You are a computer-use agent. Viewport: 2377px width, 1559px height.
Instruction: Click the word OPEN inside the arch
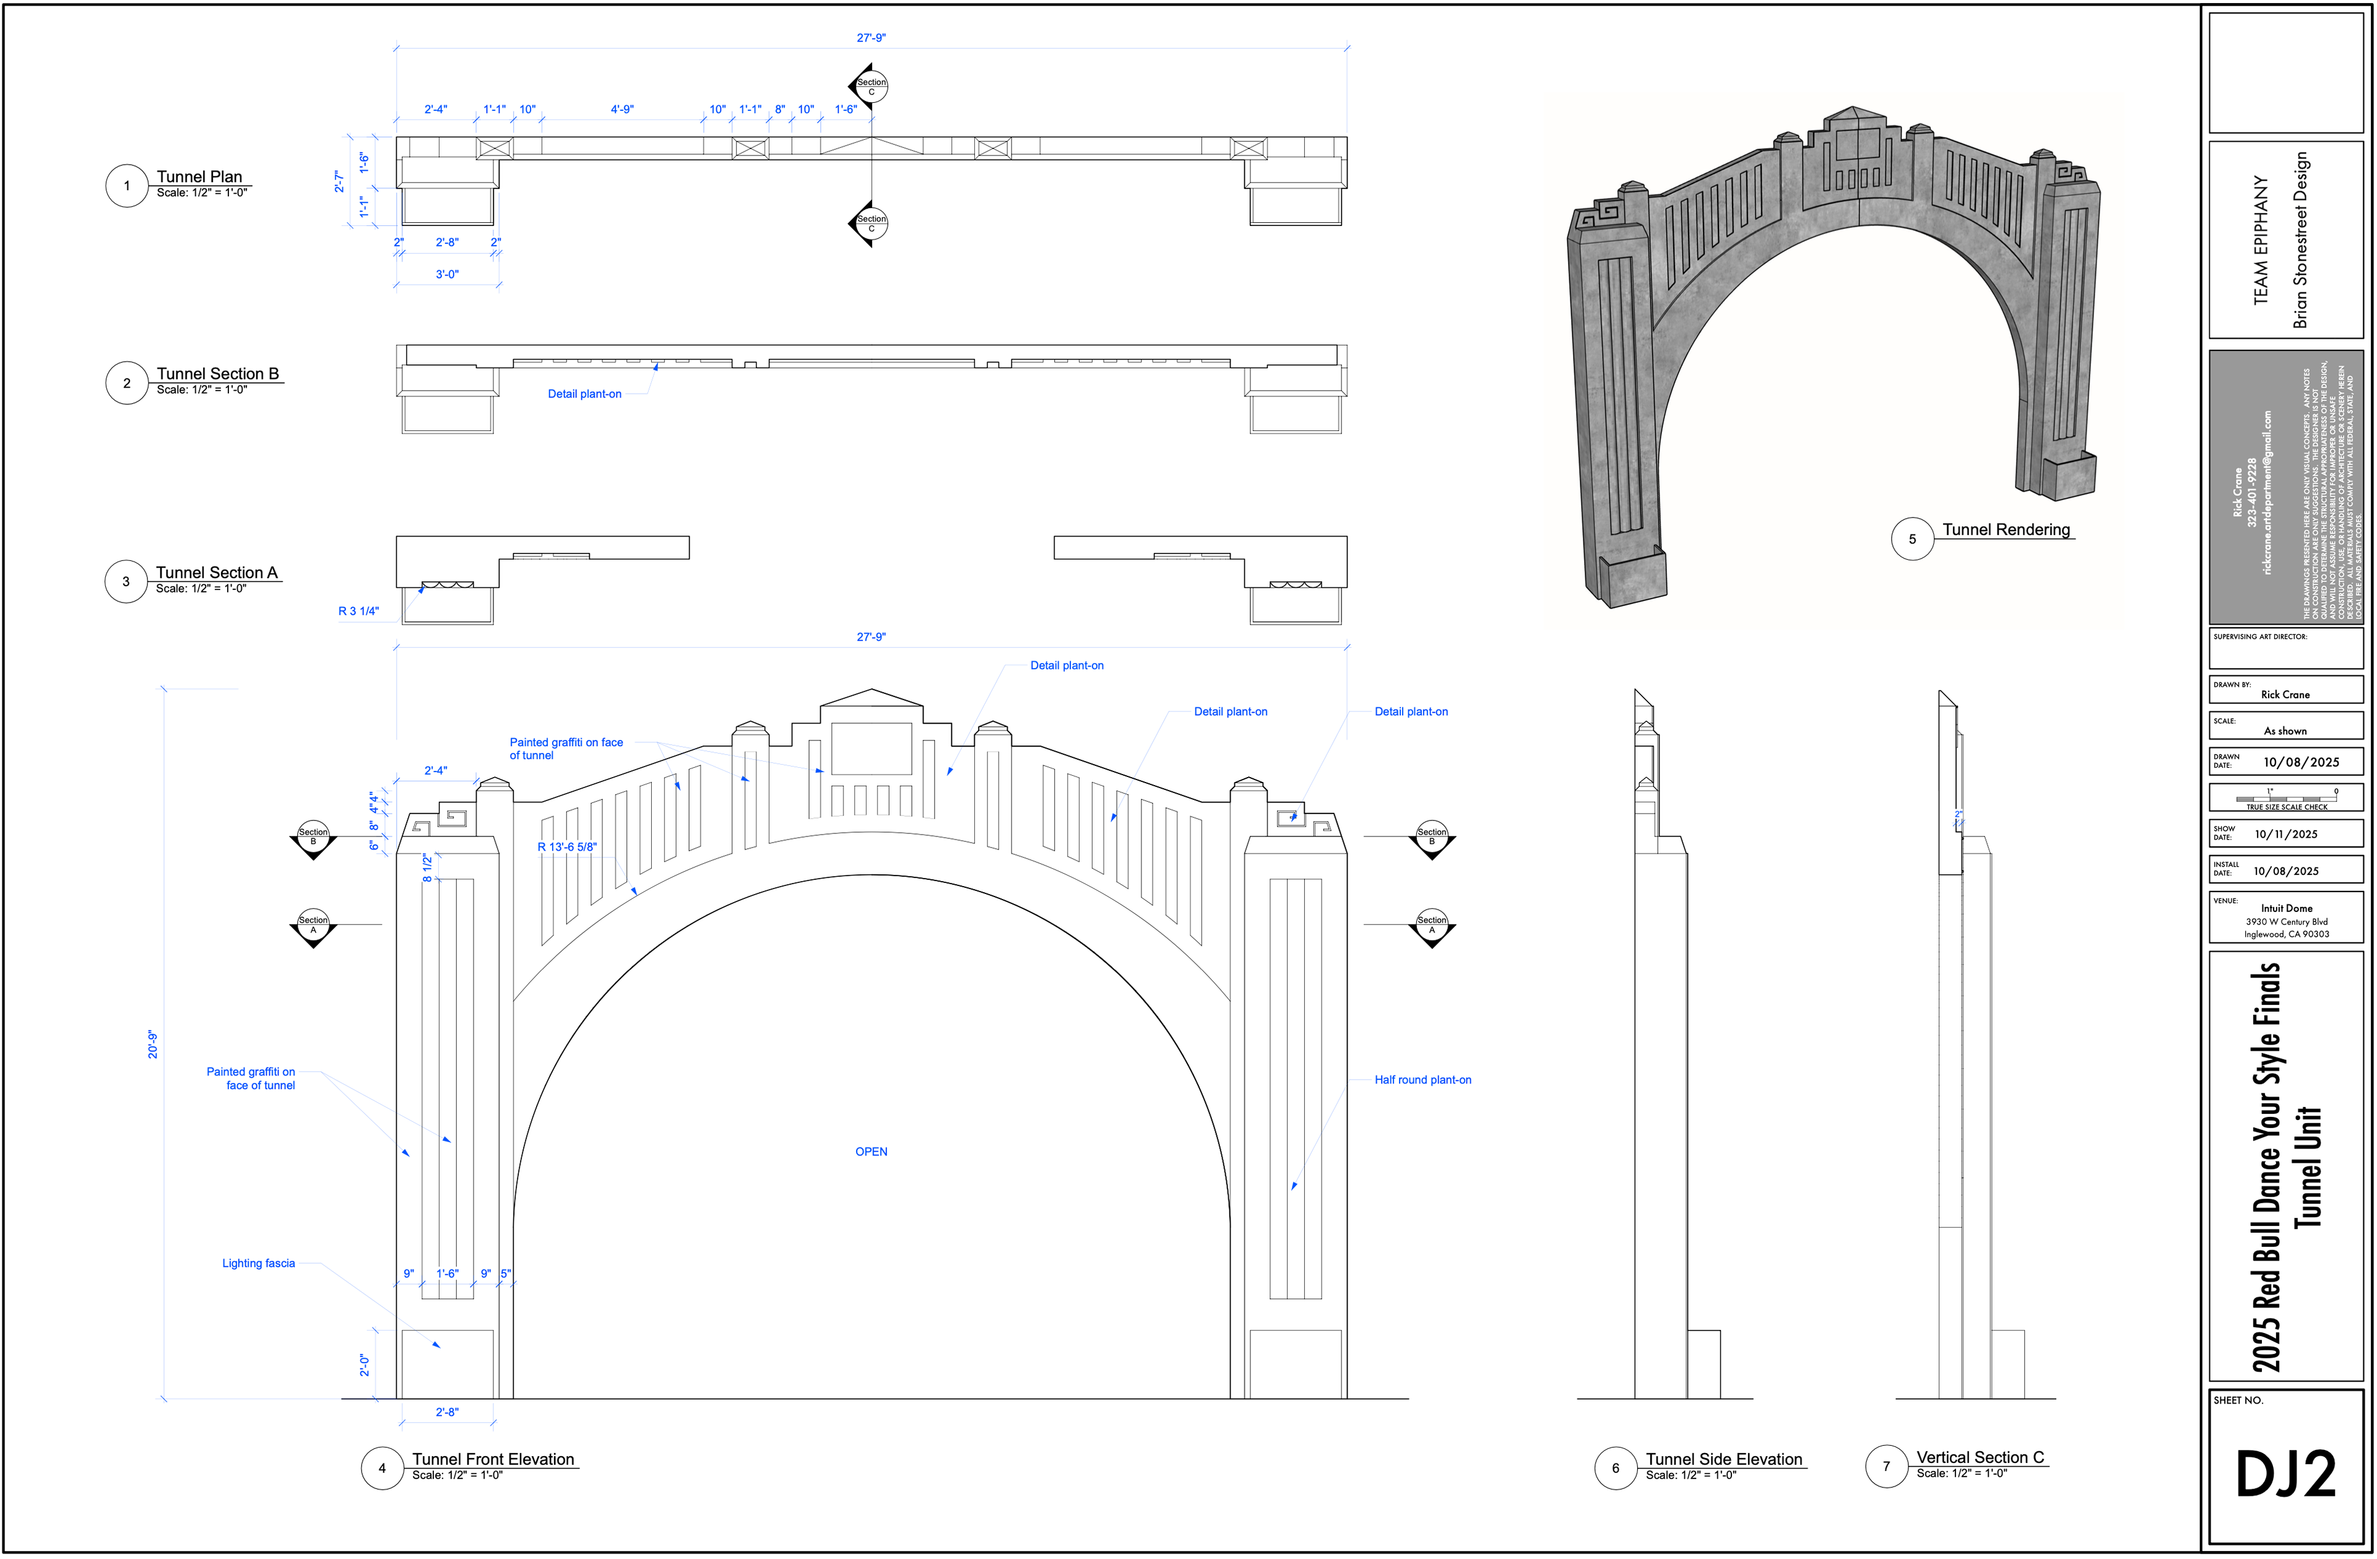point(871,1152)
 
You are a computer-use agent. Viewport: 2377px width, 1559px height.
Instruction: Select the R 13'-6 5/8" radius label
point(566,847)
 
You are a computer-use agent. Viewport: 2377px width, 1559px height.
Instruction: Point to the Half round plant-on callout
point(1422,1080)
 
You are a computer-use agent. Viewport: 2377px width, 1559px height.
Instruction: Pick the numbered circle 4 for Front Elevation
point(381,1468)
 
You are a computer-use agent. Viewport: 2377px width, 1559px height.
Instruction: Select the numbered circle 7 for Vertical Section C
point(1886,1466)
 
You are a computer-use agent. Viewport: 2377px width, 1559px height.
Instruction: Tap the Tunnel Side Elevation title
point(1724,1459)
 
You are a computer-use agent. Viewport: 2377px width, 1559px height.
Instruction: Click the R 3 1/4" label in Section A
point(358,611)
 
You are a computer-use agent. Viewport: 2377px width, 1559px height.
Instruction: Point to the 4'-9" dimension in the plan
point(622,110)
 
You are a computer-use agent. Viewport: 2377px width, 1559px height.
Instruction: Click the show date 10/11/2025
point(2286,834)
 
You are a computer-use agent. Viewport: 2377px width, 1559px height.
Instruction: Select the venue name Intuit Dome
point(2286,908)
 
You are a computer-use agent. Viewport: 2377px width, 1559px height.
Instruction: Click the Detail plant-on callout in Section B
point(584,394)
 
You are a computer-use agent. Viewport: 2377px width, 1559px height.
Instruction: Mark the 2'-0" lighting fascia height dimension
point(365,1364)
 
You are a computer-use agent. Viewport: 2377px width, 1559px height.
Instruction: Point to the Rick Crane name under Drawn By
point(2285,694)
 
